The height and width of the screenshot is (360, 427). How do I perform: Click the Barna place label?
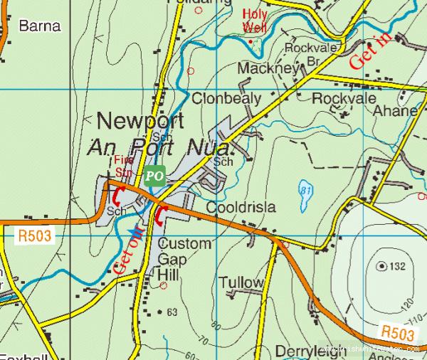[x=39, y=26]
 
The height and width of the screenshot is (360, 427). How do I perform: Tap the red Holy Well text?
[x=255, y=21]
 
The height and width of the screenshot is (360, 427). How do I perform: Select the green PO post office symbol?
[x=155, y=176]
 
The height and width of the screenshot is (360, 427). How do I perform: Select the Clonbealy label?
[x=226, y=99]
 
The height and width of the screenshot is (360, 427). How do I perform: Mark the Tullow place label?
[x=241, y=282]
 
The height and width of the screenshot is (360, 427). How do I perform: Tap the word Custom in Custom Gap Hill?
[x=184, y=244]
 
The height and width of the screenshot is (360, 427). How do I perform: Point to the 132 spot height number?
[x=396, y=266]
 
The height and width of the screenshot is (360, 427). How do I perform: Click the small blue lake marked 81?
[x=305, y=195]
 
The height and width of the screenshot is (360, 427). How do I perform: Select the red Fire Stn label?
[x=124, y=165]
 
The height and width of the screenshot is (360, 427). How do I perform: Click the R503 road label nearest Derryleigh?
[x=396, y=332]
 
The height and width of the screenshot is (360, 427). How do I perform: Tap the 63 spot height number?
[x=172, y=312]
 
